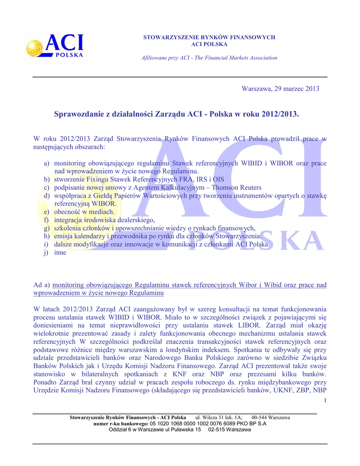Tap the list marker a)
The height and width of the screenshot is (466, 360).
tap(47, 163)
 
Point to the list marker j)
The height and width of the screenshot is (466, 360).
tap(47, 253)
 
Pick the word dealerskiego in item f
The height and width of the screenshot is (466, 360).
tap(137, 220)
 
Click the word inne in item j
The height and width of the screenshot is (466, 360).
tap(60, 253)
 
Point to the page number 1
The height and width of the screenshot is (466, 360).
tap(325, 400)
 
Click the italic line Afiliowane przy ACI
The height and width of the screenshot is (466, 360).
tap(209, 58)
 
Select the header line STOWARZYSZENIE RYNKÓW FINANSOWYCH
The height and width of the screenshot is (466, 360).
tap(209, 37)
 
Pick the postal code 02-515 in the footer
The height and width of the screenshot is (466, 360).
tap(218, 430)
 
